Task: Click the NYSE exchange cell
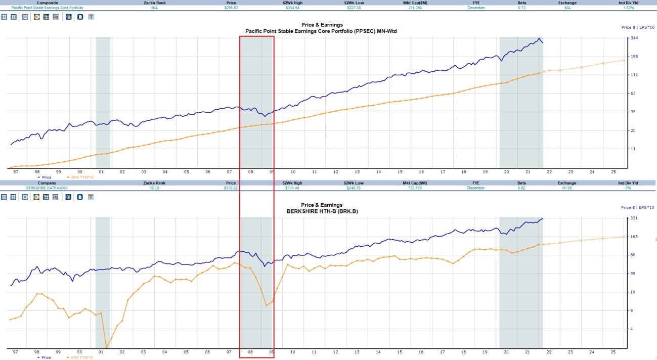tap(567, 188)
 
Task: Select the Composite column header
tap(47, 3)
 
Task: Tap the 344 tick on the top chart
tap(634, 38)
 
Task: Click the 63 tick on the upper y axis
tap(634, 94)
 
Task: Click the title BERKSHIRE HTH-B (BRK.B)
tap(322, 211)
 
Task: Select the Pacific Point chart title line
tap(322, 31)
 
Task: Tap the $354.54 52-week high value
tap(292, 8)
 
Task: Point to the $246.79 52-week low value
tap(354, 188)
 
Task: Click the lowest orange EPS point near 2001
tap(106, 347)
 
